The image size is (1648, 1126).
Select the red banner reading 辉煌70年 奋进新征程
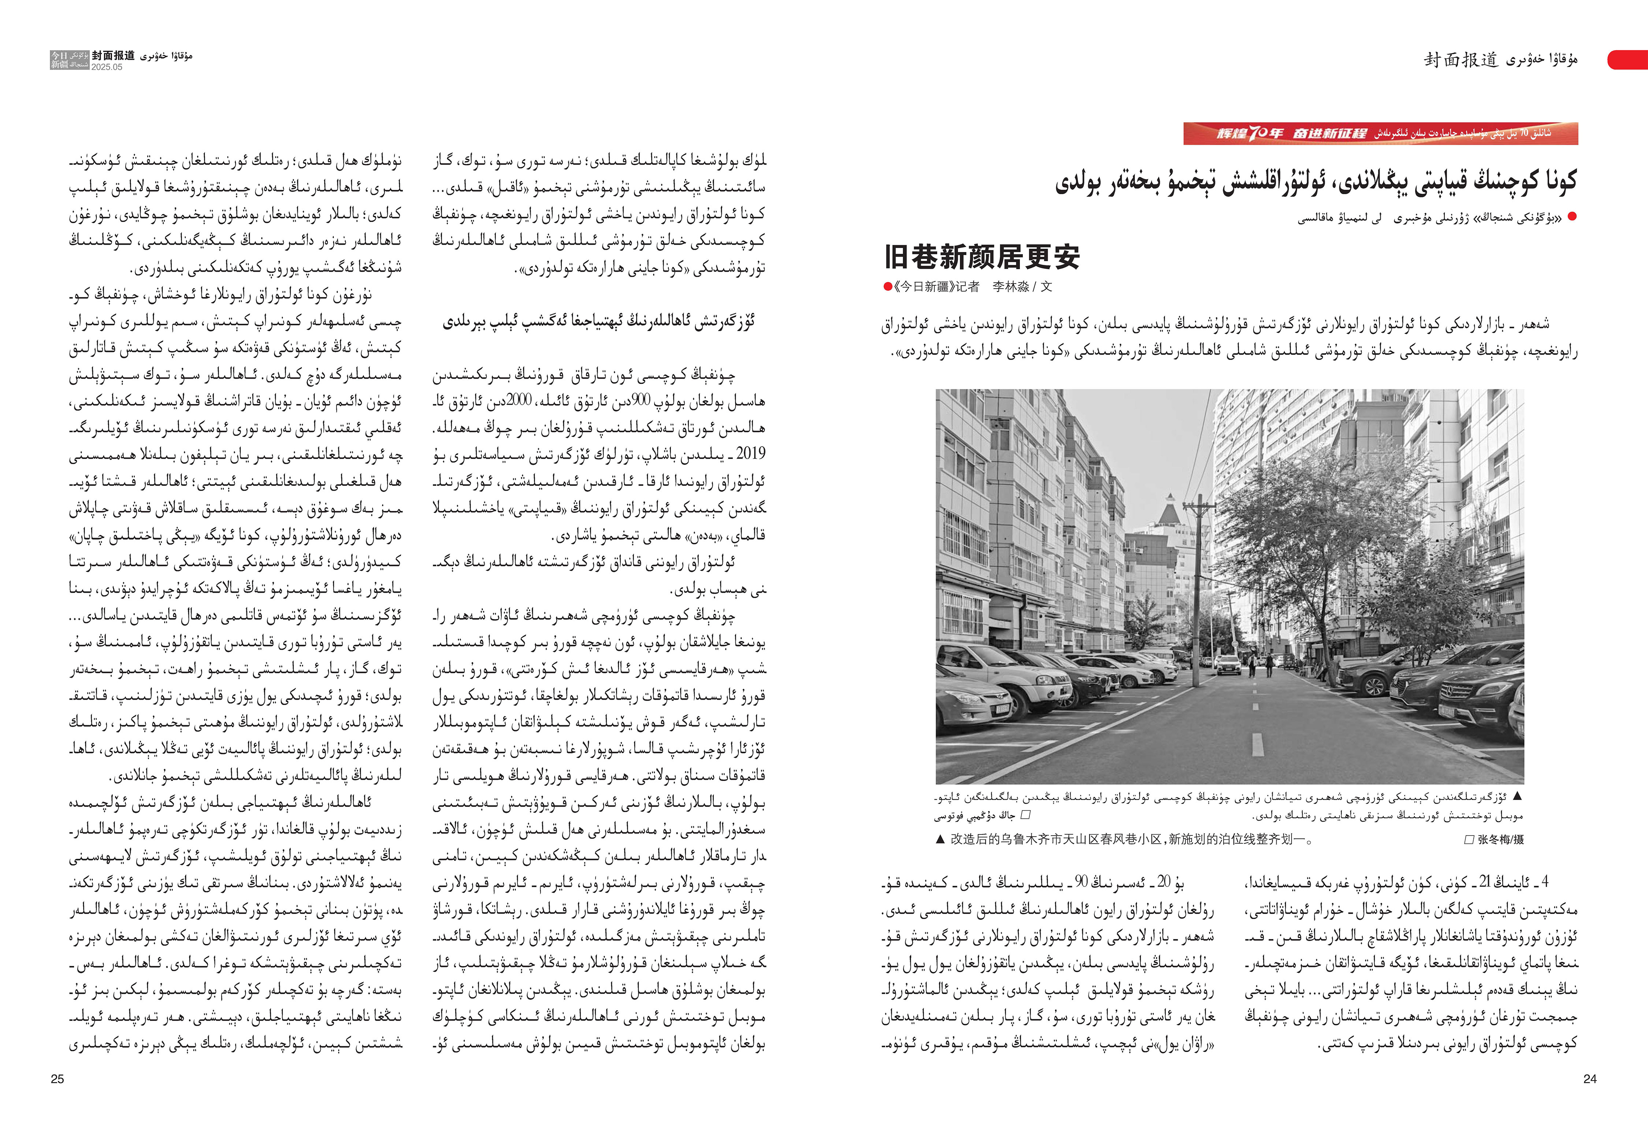click(1380, 133)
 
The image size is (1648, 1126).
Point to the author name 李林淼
click(1010, 286)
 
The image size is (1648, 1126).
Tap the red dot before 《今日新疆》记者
click(887, 286)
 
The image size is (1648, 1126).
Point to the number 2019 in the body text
click(750, 454)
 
